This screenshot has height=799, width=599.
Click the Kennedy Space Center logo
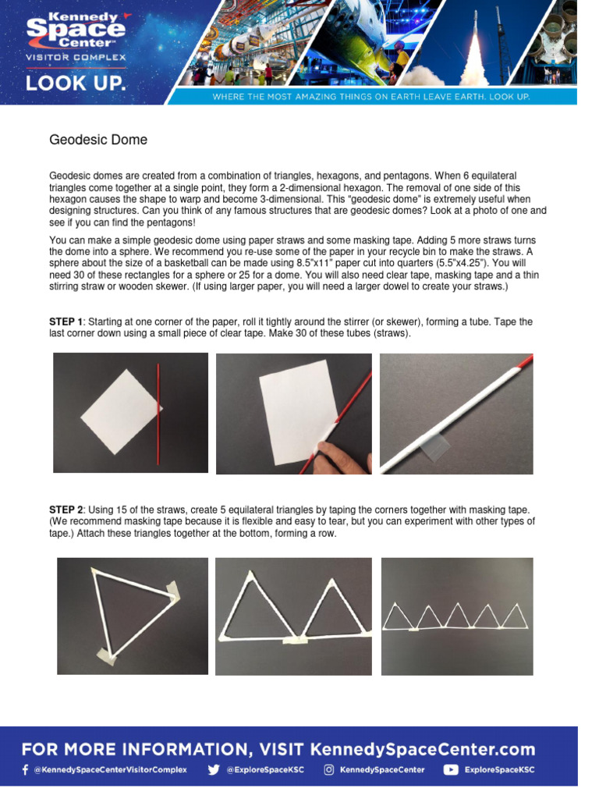[x=75, y=34]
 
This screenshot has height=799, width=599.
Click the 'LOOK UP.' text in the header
[x=75, y=83]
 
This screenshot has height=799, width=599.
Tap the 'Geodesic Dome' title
[x=98, y=140]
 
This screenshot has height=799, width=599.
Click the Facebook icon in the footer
[x=25, y=769]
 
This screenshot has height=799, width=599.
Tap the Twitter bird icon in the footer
[x=213, y=769]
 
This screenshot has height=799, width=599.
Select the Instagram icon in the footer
[x=329, y=769]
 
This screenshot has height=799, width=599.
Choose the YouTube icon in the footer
[x=451, y=769]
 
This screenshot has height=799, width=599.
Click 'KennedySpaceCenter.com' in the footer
[x=423, y=750]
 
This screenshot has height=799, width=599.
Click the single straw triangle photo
[x=133, y=616]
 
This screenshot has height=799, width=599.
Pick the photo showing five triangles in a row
[x=456, y=616]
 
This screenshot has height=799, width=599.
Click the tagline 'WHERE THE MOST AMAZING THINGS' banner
[x=372, y=96]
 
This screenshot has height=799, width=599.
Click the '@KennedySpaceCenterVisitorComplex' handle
[x=109, y=769]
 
